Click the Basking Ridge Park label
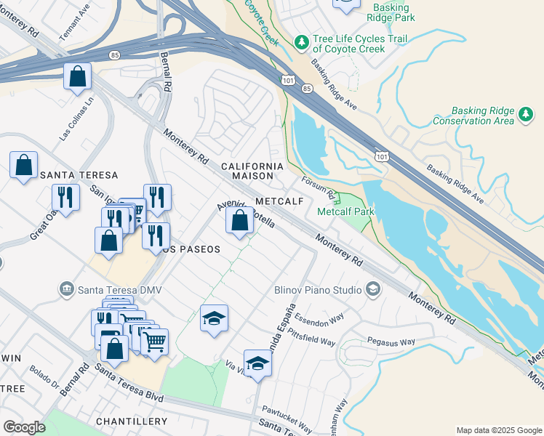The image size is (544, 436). coord(391,12)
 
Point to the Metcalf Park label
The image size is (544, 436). coord(345,211)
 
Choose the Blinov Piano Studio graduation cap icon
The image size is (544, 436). coord(373,290)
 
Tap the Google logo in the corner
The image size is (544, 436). coord(24,427)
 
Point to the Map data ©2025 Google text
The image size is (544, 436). coord(498,430)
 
